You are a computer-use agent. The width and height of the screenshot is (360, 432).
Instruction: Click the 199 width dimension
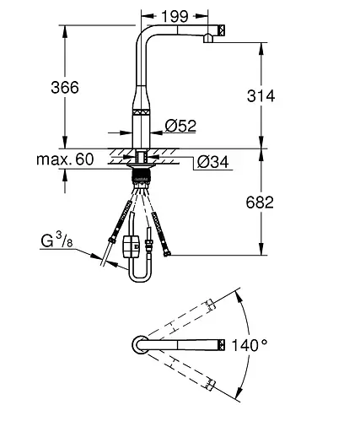(x=175, y=17)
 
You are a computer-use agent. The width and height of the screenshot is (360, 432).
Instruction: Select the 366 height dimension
(x=65, y=87)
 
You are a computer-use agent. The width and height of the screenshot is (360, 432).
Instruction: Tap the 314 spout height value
(x=261, y=95)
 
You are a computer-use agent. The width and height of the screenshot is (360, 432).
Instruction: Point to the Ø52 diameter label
(x=180, y=126)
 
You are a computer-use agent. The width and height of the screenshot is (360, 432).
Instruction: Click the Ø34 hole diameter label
(x=212, y=162)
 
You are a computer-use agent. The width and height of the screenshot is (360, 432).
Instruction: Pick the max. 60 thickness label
(x=65, y=159)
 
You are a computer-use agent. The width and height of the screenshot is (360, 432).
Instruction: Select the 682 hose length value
(x=260, y=202)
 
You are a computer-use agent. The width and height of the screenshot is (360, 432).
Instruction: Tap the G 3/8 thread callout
(x=56, y=240)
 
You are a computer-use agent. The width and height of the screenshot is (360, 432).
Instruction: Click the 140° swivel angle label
(x=250, y=345)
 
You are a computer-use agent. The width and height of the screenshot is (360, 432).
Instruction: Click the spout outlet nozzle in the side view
(x=208, y=38)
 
